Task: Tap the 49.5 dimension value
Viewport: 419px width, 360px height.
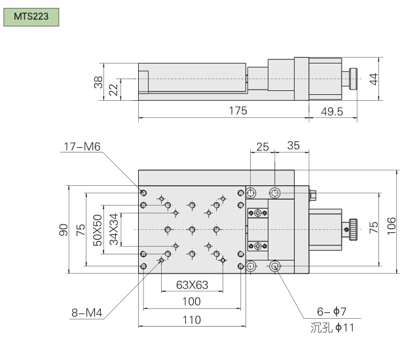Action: (333, 111)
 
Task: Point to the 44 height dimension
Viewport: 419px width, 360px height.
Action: (373, 79)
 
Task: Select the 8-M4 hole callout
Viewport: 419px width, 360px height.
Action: (86, 312)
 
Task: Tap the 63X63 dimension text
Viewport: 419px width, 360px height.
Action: (192, 285)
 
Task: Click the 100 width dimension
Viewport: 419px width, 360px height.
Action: (191, 302)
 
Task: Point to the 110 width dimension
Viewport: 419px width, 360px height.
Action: (191, 320)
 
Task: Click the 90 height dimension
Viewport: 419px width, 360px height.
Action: (64, 229)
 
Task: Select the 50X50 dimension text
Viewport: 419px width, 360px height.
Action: (98, 230)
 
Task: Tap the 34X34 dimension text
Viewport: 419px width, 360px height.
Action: (114, 229)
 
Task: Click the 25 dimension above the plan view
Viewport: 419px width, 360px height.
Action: (263, 146)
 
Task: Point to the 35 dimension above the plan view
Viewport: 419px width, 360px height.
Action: (293, 146)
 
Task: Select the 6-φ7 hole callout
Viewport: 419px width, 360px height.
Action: (332, 312)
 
